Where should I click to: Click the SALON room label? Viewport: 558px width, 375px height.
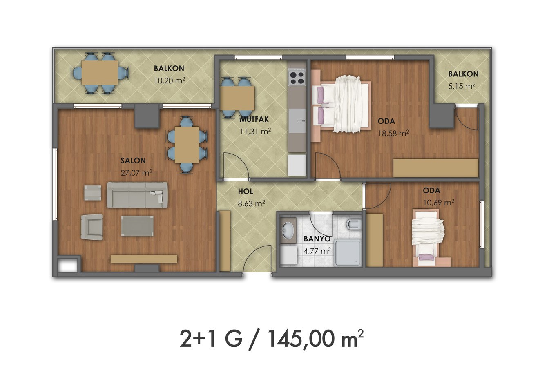133,161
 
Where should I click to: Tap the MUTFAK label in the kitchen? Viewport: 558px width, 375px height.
254,119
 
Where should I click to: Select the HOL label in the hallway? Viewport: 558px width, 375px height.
246,191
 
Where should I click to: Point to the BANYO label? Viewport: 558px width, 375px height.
317,239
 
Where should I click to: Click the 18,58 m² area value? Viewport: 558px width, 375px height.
394,133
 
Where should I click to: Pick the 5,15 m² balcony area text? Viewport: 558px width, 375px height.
462,86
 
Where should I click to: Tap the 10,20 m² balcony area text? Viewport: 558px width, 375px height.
170,80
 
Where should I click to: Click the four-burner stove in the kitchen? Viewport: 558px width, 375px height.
297,78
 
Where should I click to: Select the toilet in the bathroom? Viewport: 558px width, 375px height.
353,225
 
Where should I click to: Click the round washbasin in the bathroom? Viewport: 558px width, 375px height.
288,230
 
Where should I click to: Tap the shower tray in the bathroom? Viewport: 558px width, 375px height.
348,253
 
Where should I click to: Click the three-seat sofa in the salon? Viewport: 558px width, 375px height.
137,195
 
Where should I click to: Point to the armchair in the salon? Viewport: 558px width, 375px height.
92,227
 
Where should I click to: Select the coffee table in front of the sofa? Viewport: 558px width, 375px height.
137,226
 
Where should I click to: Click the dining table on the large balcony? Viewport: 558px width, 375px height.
100,73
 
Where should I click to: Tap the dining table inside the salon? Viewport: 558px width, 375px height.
187,145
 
